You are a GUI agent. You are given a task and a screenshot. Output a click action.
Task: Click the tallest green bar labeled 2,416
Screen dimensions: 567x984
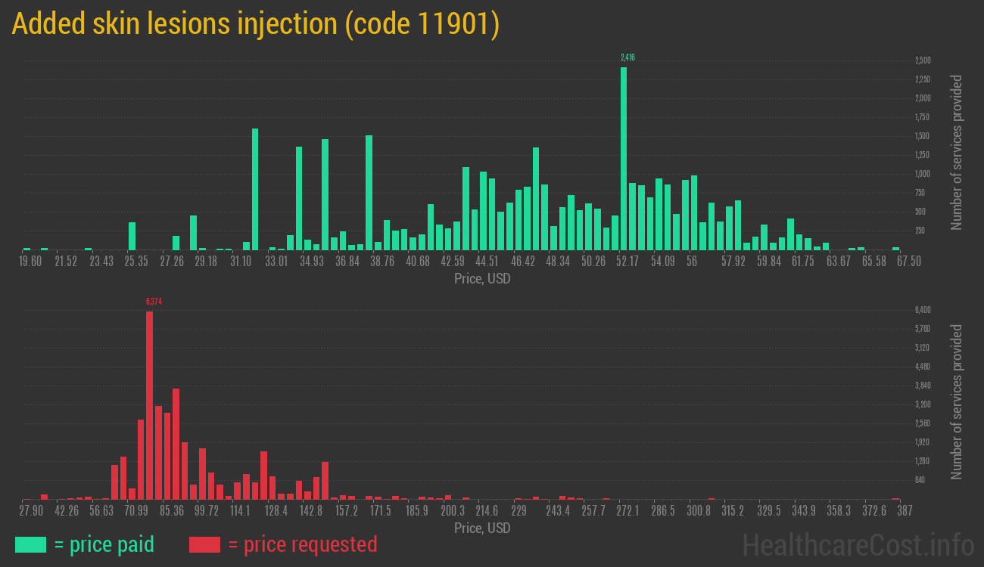click(x=624, y=159)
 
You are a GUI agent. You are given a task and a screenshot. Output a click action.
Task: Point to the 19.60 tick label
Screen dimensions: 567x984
click(x=31, y=262)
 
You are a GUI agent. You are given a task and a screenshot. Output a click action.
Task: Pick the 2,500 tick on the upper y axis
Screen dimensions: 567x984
click(x=923, y=60)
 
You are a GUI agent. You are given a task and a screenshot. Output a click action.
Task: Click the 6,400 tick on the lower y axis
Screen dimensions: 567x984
click(x=923, y=310)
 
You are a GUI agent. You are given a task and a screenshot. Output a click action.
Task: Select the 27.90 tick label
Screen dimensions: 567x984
click(x=31, y=511)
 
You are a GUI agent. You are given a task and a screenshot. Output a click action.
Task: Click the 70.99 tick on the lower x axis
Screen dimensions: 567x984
click(x=136, y=511)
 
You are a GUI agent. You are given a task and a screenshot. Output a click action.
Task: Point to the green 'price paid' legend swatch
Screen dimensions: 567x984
click(x=30, y=544)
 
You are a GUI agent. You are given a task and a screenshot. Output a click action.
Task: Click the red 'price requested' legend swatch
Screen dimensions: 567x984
click(x=204, y=544)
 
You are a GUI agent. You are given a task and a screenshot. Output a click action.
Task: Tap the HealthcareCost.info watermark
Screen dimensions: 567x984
click(x=858, y=544)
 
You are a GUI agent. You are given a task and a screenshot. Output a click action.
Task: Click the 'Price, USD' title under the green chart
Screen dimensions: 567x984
click(x=482, y=279)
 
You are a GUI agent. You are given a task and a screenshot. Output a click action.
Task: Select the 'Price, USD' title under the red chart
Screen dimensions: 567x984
click(x=482, y=528)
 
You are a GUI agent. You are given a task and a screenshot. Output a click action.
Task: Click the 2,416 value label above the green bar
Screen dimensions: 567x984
click(x=627, y=57)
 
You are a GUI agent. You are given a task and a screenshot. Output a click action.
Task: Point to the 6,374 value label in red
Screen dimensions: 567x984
click(x=154, y=302)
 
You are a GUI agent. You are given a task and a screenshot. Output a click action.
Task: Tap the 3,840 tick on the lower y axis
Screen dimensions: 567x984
click(x=923, y=386)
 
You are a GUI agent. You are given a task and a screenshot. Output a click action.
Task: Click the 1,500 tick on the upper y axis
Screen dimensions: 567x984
click(x=923, y=136)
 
